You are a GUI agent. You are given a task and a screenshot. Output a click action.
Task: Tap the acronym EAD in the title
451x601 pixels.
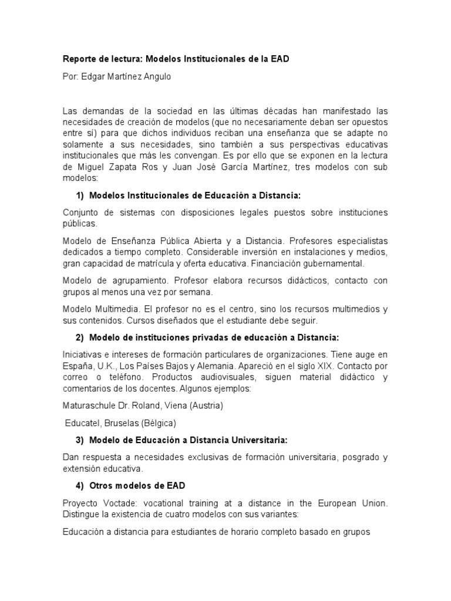[x=280, y=59]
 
